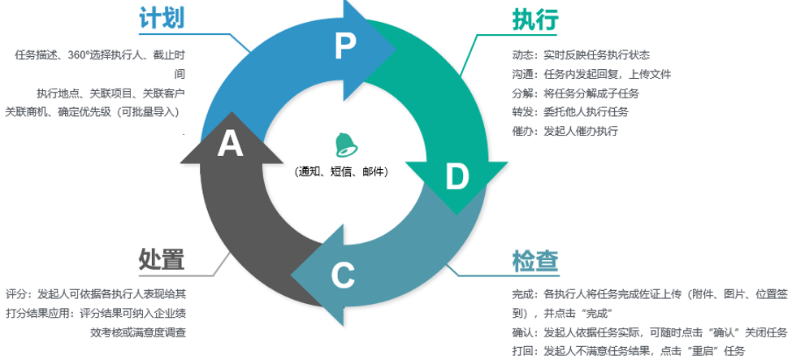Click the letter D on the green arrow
pos(457,176)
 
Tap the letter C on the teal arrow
pos(343,275)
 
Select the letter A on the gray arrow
pos(230,145)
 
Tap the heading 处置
pos(162,259)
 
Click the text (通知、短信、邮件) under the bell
pos(343,171)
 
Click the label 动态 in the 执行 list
pos(522,55)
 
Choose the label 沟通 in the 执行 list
pos(522,74)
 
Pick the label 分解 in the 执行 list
pos(522,93)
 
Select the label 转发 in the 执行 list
pos(522,111)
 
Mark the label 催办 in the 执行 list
pos(522,130)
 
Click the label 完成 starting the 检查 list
pos(522,294)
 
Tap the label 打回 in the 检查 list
pos(522,350)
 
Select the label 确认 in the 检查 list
pos(522,332)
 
